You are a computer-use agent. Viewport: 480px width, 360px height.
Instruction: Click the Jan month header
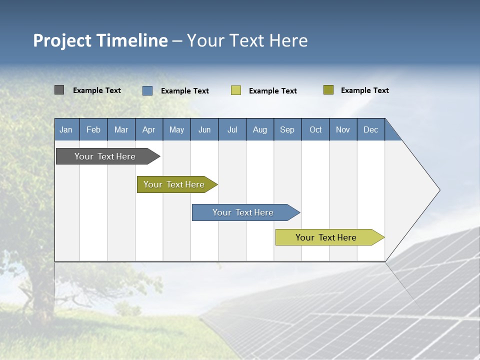66,129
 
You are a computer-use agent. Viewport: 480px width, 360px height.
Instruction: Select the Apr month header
148,129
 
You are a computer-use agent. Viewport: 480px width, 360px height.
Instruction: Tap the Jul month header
232,129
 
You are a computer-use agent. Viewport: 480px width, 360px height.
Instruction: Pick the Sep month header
287,129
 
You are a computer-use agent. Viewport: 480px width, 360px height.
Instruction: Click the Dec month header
370,129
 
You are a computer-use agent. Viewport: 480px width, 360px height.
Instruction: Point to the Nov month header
342,129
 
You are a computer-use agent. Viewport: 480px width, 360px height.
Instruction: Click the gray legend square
59,90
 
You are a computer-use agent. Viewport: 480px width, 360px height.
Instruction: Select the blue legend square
147,90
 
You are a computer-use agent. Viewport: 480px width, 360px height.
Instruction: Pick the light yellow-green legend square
236,90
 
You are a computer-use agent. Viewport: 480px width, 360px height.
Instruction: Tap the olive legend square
328,90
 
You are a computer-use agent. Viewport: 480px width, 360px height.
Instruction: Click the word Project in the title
61,40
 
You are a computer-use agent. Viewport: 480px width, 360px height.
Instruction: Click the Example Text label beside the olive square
364,90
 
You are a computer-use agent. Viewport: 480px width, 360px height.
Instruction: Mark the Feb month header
93,129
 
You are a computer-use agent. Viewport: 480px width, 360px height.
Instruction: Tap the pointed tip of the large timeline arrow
439,190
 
